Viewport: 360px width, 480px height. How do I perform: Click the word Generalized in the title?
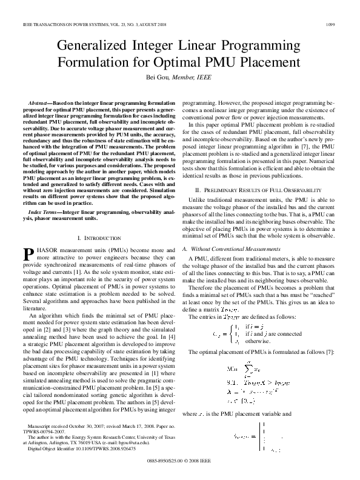tap(98, 46)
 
